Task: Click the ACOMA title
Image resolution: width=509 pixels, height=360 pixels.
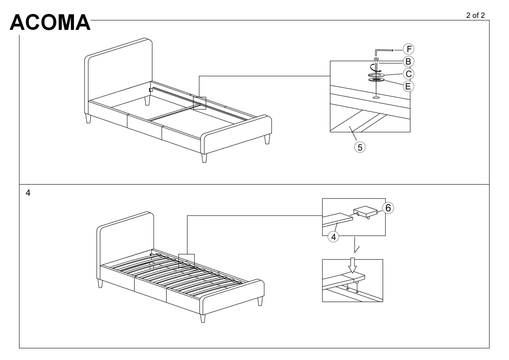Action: click(x=50, y=22)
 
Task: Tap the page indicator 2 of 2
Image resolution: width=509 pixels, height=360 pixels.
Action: click(x=475, y=15)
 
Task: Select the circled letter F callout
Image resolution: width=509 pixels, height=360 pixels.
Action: click(x=409, y=49)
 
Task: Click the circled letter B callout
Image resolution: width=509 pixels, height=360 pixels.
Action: click(x=408, y=61)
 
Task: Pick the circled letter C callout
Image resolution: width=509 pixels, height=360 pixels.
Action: click(x=408, y=74)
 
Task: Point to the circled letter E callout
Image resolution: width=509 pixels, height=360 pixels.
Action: click(x=408, y=86)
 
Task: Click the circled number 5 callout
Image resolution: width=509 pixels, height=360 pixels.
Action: click(x=360, y=147)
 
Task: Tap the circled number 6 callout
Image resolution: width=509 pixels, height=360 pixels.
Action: click(x=388, y=208)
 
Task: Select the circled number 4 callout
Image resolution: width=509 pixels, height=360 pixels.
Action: click(x=334, y=237)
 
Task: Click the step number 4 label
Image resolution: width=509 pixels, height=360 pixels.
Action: click(x=28, y=193)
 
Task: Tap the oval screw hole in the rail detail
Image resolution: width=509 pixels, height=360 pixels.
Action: click(x=376, y=97)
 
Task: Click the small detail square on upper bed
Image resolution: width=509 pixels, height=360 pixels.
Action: click(x=200, y=103)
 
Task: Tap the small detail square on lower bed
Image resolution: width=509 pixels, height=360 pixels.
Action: click(x=186, y=261)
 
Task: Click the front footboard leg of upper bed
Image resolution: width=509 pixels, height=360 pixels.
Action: click(x=204, y=158)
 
